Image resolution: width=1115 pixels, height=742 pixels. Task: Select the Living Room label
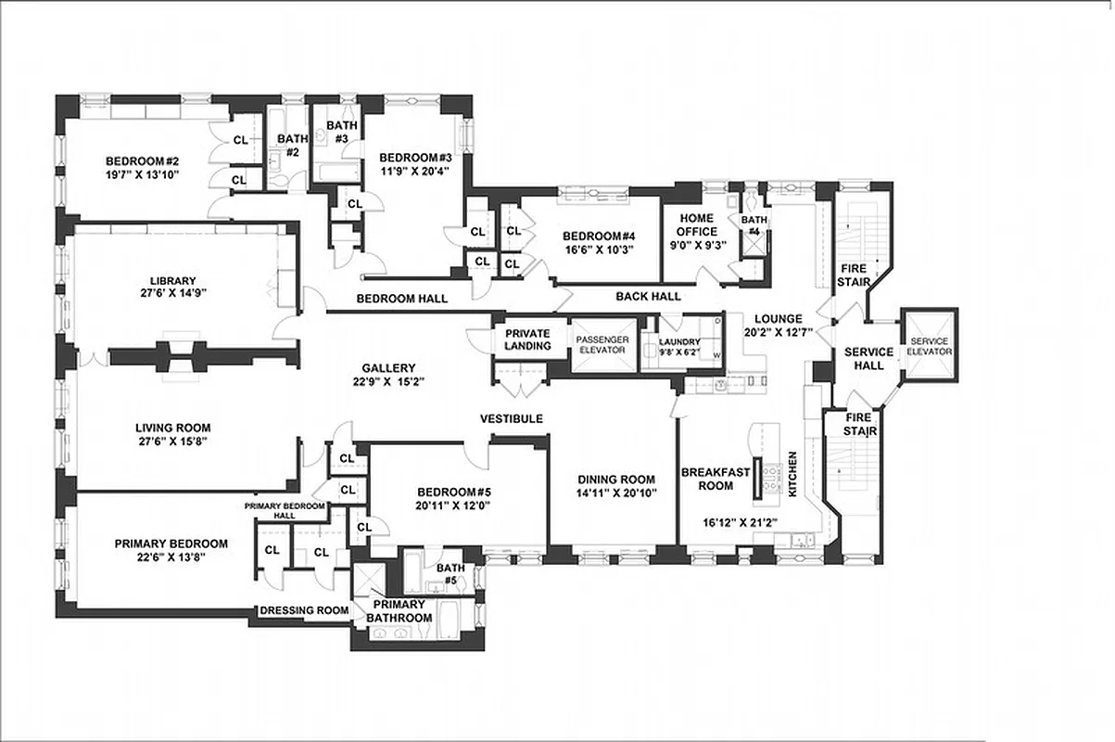pyautogui.click(x=173, y=428)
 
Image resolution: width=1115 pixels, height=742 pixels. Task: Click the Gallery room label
pyautogui.click(x=388, y=367)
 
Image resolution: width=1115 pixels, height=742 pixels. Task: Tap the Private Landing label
pyautogui.click(x=527, y=339)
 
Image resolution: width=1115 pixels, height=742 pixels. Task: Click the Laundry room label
pyautogui.click(x=679, y=341)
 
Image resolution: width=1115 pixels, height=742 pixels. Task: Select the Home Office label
pyautogui.click(x=696, y=225)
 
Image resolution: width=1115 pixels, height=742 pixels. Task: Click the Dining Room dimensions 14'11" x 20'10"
pyautogui.click(x=604, y=493)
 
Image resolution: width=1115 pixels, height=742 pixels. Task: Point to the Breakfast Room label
pyautogui.click(x=715, y=479)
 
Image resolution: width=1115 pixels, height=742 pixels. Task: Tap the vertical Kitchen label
pyautogui.click(x=792, y=475)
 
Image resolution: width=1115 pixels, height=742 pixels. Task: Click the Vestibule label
pyautogui.click(x=511, y=419)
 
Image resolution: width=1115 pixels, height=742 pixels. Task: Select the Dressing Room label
pyautogui.click(x=304, y=610)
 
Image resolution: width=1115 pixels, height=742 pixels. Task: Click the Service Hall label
pyautogui.click(x=868, y=358)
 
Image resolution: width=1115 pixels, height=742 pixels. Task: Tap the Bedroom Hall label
pyautogui.click(x=402, y=299)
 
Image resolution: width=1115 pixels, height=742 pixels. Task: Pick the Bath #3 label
pyautogui.click(x=341, y=132)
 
